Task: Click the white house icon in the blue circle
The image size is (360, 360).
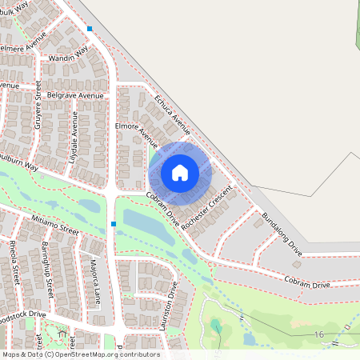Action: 180,172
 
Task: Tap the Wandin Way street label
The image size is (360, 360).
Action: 67,56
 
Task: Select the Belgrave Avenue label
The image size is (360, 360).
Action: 76,96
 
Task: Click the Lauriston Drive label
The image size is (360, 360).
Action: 171,303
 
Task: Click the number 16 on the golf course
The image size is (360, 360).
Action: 319,334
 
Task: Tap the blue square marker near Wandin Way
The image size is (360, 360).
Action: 90,29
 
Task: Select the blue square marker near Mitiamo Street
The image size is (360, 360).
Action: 114,224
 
